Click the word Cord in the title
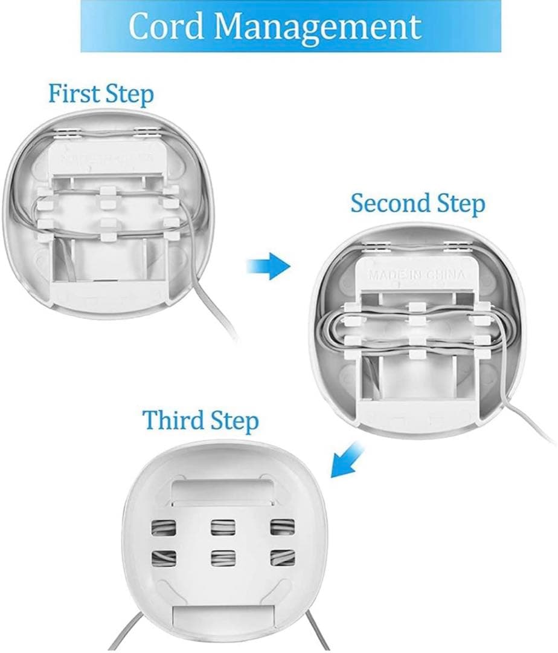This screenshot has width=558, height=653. [x=166, y=26]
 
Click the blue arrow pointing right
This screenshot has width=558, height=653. [x=269, y=265]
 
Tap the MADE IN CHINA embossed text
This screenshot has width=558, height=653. [x=417, y=275]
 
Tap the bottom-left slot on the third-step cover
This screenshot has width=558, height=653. [x=164, y=558]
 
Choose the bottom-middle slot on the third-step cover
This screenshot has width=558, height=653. [x=223, y=558]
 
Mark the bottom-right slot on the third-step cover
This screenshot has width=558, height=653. [x=283, y=557]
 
